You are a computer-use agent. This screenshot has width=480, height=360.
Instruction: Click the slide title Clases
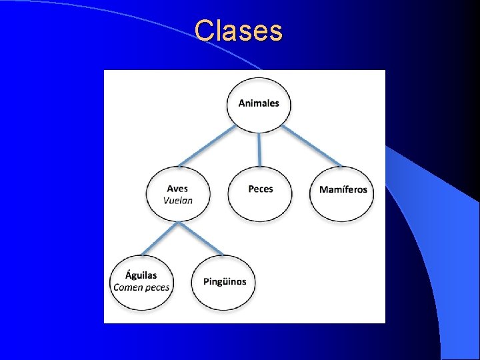(x=239, y=30)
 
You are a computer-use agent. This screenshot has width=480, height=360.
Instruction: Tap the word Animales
(x=259, y=103)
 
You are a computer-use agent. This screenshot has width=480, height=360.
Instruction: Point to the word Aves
(x=177, y=189)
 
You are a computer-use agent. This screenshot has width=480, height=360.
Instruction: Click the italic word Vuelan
(x=177, y=200)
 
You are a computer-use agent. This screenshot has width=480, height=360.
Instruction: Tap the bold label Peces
(x=260, y=189)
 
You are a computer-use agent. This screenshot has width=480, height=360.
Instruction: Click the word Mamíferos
(x=343, y=189)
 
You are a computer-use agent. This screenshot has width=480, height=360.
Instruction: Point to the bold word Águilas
(x=141, y=275)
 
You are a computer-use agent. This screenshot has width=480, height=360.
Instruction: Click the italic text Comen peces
(x=141, y=287)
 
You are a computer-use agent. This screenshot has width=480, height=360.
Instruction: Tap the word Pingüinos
(x=225, y=281)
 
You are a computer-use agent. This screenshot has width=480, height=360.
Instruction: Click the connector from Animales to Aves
(x=207, y=145)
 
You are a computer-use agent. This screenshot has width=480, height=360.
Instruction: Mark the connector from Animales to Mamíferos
(x=311, y=145)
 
